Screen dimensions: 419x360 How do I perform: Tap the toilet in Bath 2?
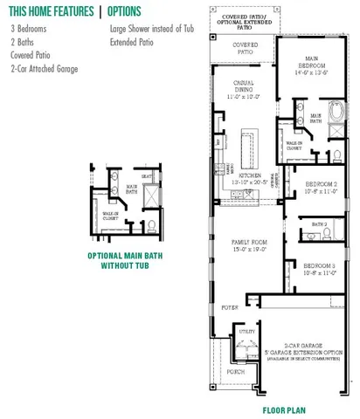(332, 234)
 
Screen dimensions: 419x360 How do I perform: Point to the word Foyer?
(230, 307)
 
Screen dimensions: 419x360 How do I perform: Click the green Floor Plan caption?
(283, 408)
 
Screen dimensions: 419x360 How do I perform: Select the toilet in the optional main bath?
(152, 226)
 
